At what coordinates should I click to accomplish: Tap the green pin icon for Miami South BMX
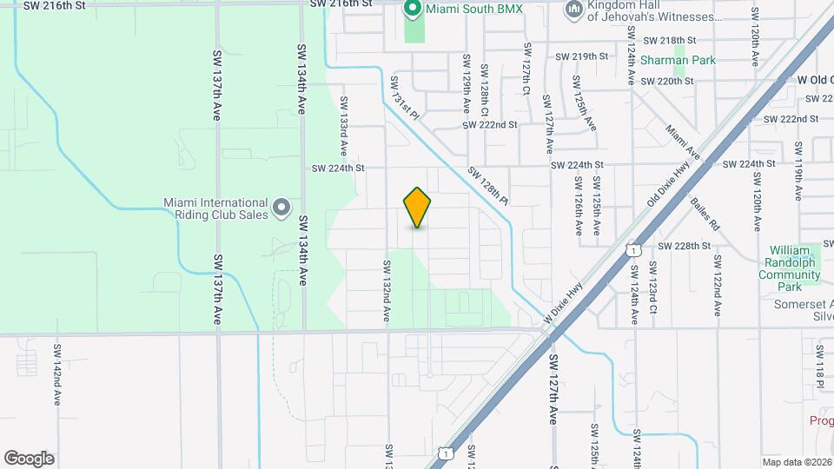(413, 10)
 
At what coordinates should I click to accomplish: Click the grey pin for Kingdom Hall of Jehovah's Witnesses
(573, 10)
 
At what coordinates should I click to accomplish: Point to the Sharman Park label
(678, 61)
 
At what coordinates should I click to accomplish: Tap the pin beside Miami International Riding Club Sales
(281, 208)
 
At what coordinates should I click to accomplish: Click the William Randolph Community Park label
(789, 268)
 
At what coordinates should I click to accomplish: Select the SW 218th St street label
(670, 40)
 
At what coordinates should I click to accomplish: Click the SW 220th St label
(666, 81)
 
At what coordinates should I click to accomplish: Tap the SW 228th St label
(685, 246)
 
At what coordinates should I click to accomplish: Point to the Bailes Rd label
(705, 213)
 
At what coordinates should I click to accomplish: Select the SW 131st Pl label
(404, 97)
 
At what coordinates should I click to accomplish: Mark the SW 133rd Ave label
(343, 118)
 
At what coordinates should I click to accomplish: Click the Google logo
(29, 459)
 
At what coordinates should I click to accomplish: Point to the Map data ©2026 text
(797, 462)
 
